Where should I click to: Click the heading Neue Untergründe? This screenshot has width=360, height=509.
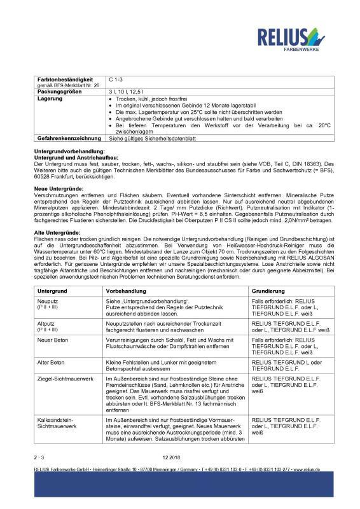pos(58,190)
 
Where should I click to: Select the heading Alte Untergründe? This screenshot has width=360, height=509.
pos(57,234)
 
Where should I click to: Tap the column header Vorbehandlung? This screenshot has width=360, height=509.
pos(127,290)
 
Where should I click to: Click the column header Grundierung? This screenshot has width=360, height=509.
pos(268,290)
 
